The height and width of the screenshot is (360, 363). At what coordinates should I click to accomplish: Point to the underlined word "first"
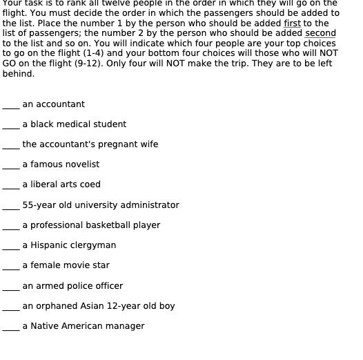pos(293,23)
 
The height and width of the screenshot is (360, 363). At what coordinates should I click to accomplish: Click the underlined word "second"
pos(320,33)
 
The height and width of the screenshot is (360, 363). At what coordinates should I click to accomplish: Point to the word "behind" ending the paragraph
pos(17,73)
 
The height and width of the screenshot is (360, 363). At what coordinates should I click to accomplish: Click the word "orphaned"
pos(56,306)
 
